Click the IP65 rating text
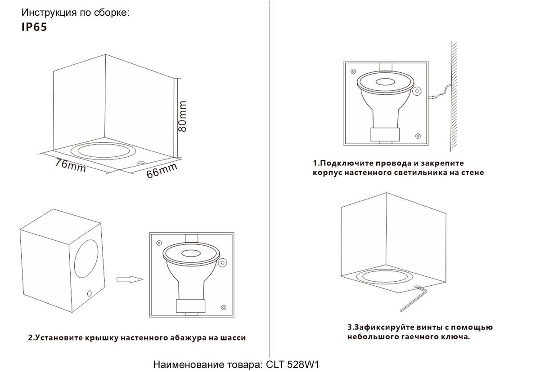pyautogui.click(x=34, y=27)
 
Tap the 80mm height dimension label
pyautogui.click(x=183, y=116)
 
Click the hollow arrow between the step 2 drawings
pyautogui.click(x=129, y=279)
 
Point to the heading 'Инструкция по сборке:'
pyautogui.click(x=76, y=13)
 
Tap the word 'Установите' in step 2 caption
pyautogui.click(x=63, y=338)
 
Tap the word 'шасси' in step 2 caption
pyautogui.click(x=233, y=338)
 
